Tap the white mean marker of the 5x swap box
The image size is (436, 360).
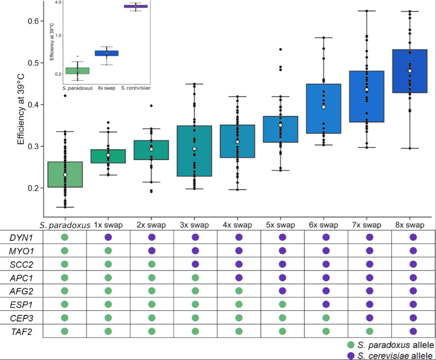pos(280,125)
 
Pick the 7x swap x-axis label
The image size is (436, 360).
pos(369,225)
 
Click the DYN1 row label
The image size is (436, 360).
pos(20,237)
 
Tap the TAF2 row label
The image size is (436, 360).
pos(20,331)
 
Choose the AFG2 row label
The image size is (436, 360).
pos(20,291)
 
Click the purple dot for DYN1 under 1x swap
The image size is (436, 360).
pos(108,237)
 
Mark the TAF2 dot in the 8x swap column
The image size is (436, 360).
pos(413,331)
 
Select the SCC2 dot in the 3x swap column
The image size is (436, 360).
pos(195,264)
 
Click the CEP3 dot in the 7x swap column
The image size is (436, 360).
pos(369,318)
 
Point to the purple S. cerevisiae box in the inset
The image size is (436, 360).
pos(136,6)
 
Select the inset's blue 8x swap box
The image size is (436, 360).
pos(106,53)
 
